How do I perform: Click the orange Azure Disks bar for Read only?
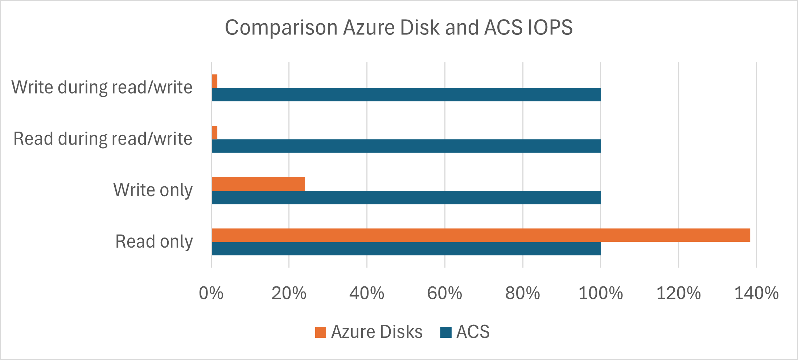[481, 235]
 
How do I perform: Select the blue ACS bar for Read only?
[406, 249]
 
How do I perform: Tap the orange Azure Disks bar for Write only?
[258, 184]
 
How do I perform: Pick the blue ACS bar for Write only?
[406, 197]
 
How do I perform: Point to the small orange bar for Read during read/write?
[214, 133]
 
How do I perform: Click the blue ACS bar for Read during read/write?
[406, 146]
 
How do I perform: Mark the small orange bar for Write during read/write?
[214, 81]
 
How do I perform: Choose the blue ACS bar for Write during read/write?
[406, 94]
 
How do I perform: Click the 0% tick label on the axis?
[211, 293]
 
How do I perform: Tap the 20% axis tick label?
[289, 293]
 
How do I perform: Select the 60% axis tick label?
[445, 293]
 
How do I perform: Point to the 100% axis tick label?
[601, 293]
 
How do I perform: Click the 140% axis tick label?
[756, 293]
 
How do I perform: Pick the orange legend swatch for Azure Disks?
[321, 332]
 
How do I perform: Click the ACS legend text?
[473, 332]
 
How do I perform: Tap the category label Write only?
[153, 190]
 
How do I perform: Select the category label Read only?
[154, 241]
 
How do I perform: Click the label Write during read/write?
[102, 87]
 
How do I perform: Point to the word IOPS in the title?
[550, 27]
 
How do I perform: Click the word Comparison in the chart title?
[281, 28]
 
